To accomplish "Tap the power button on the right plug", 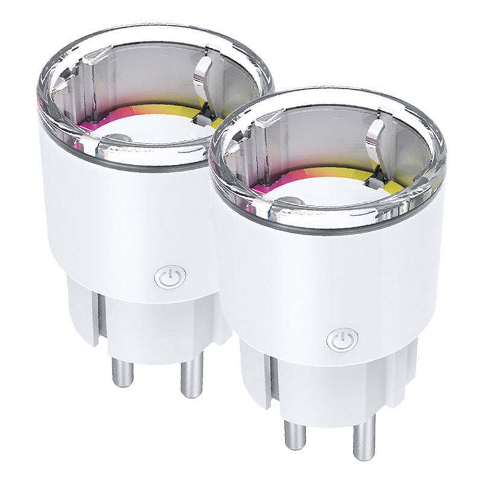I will pos(342,339).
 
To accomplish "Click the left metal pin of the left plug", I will pos(123,369).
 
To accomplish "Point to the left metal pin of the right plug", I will pos(295,433).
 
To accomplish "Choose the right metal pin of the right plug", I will pos(364,440).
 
